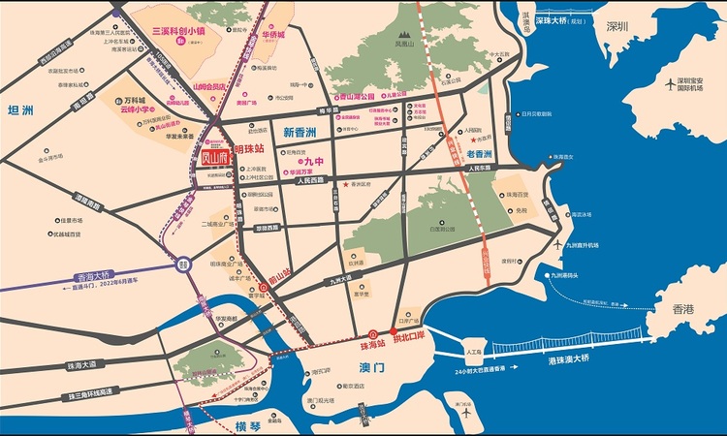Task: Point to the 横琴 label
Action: (x=248, y=425)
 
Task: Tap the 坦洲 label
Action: (x=18, y=109)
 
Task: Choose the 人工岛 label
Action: (x=473, y=353)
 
